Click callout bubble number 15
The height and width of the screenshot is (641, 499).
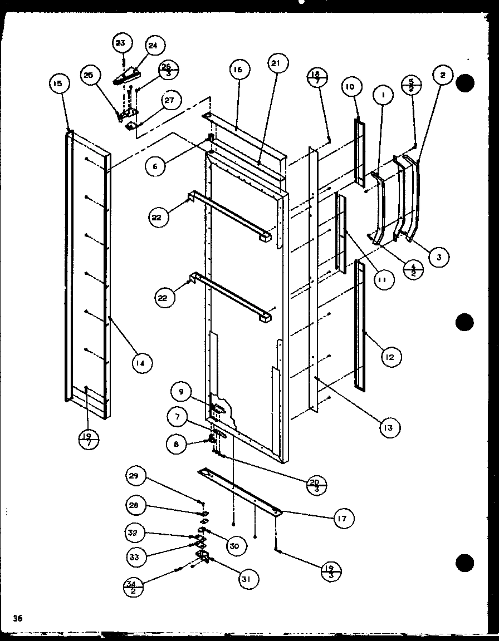(58, 84)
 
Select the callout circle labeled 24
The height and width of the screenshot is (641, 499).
(153, 46)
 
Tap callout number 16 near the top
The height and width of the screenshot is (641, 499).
(238, 70)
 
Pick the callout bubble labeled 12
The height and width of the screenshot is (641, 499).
(390, 357)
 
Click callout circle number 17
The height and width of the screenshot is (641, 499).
(343, 519)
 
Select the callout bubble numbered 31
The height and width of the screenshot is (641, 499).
(246, 579)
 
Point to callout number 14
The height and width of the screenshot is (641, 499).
(143, 363)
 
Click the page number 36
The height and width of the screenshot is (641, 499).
(18, 618)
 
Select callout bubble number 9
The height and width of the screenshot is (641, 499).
(182, 392)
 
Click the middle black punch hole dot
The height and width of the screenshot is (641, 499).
(464, 322)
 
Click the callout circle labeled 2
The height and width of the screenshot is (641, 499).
(443, 76)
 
